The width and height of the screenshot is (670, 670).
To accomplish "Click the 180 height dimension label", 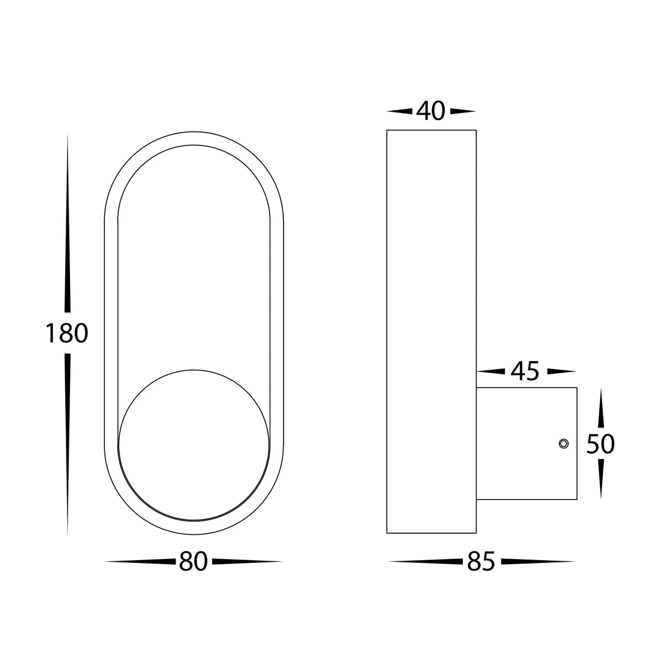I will pos(66,333).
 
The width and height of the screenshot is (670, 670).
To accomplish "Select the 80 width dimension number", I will pos(193,561).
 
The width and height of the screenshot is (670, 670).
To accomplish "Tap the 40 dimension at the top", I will pos(430,111).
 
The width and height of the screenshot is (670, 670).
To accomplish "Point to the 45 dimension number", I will pos(524,372).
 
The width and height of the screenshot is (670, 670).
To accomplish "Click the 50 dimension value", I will pos(600,444).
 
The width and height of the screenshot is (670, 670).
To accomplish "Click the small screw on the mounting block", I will pos(563,443).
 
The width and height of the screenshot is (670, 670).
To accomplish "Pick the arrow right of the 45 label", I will pos(559,372).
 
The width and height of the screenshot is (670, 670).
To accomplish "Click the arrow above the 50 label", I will pos(600,408).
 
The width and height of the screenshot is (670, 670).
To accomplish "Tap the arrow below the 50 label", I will pos(600,477).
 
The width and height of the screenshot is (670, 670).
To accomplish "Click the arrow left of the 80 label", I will pos(141,561).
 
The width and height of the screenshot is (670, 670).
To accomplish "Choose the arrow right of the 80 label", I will pos(246,561).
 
